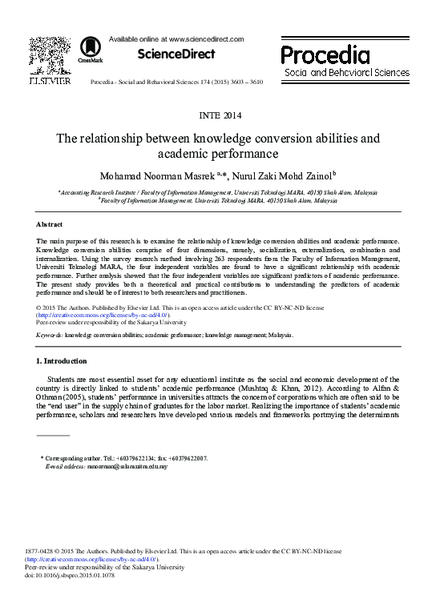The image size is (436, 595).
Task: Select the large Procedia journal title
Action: (325, 54)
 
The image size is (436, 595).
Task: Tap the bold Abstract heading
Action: (50, 225)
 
